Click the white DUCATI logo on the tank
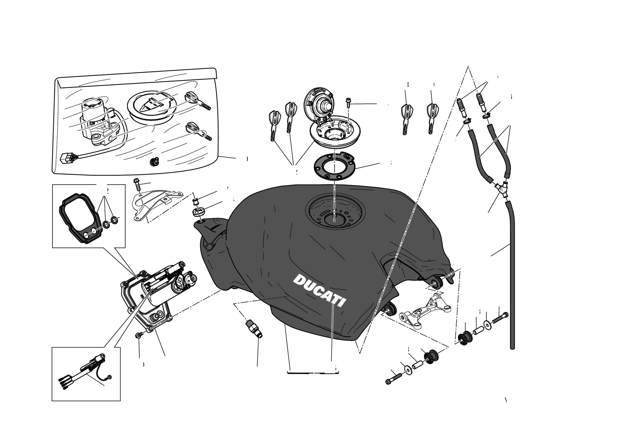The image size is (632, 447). click(x=319, y=290)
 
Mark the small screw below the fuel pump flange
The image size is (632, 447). click(x=138, y=335)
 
